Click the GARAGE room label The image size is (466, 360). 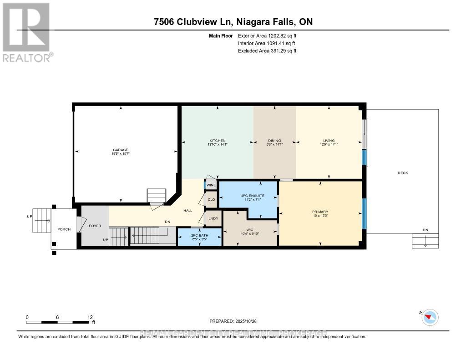click(121, 150)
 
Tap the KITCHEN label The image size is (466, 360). click(218, 141)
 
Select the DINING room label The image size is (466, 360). click(274, 141)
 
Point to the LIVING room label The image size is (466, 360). click(329, 141)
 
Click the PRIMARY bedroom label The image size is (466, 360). click(320, 212)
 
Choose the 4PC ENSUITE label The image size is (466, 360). click(248, 196)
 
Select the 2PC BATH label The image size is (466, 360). click(200, 235)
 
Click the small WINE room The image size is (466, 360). click(211, 185)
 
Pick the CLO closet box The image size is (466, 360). click(211, 199)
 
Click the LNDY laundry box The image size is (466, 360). click(213, 218)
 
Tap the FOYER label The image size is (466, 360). click(95, 226)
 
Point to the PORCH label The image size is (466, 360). click(64, 229)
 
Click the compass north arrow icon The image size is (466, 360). click(430, 317)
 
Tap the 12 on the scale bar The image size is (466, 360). click(90, 317)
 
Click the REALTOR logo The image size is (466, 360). click(26, 32)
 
